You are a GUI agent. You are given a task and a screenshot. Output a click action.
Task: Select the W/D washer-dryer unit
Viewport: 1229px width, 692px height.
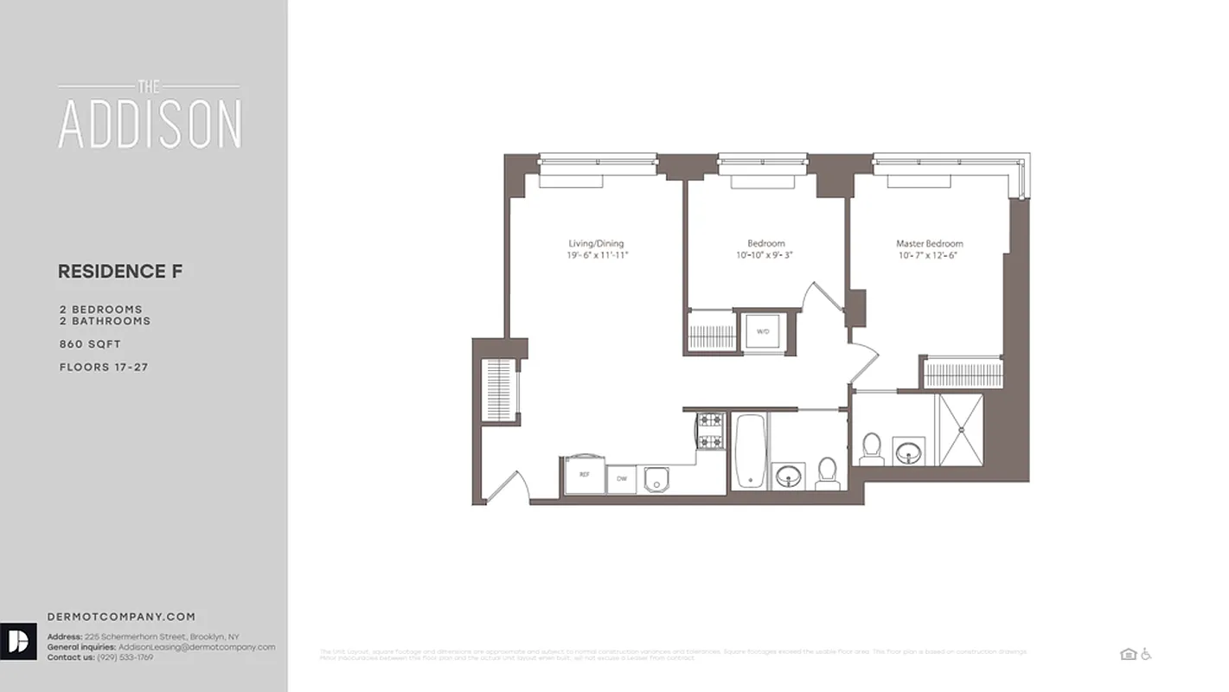[763, 331]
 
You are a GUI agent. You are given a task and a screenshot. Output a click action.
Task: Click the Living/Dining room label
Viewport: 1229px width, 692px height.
[596, 244]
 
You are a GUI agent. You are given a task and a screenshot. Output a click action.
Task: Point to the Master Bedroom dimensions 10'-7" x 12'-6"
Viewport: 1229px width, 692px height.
[929, 256]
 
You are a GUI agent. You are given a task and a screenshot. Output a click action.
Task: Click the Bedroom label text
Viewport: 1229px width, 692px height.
[766, 244]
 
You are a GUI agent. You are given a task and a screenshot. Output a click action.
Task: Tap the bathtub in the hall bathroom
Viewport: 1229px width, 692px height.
[749, 452]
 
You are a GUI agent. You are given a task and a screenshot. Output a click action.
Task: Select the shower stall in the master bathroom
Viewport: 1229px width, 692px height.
[961, 430]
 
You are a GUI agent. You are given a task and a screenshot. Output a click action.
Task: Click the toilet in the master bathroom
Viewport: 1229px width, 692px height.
[871, 448]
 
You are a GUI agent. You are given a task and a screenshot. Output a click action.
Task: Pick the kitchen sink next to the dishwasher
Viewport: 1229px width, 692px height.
[657, 478]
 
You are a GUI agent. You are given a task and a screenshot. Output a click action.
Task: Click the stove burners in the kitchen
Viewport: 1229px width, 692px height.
[710, 431]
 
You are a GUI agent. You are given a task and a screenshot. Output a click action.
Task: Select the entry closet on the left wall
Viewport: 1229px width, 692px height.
[499, 389]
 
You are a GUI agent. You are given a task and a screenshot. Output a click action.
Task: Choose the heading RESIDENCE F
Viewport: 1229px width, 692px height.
[120, 272]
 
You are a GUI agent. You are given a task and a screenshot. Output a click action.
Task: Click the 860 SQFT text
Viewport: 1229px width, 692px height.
[90, 344]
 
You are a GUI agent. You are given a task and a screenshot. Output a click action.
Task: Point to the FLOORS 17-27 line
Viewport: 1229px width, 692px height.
[104, 368]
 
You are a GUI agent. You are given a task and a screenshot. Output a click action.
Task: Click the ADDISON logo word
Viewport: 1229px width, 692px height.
[150, 125]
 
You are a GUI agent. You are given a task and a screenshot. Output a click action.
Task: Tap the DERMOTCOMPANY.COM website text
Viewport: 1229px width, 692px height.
[121, 618]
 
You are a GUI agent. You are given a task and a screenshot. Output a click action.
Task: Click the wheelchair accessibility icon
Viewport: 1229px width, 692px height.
[1147, 654]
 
